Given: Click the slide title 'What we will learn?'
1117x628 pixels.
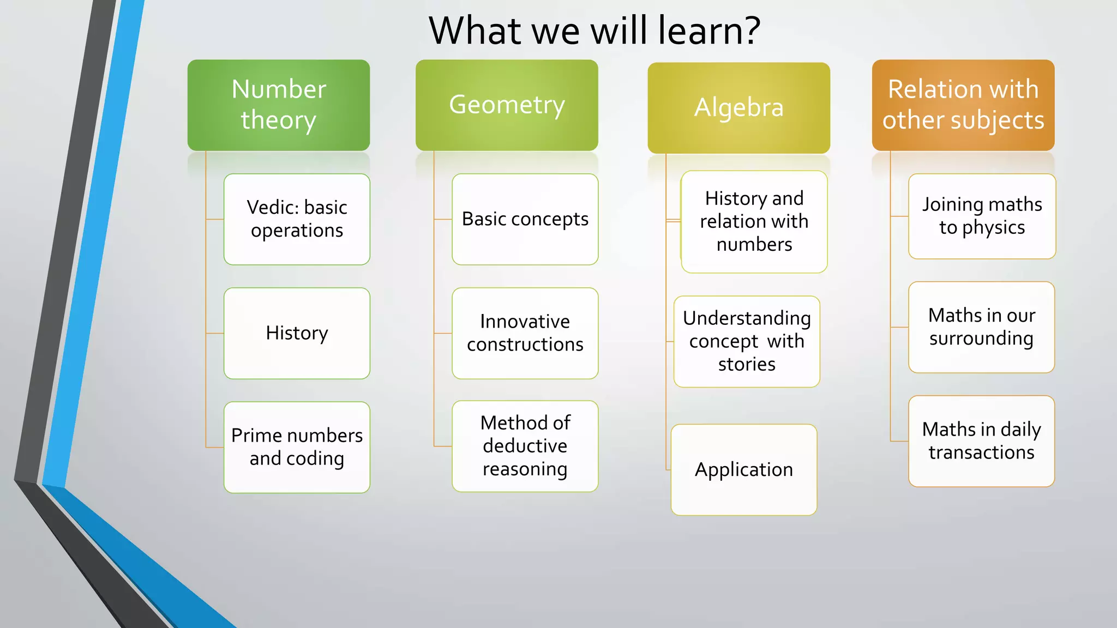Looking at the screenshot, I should click(x=594, y=31).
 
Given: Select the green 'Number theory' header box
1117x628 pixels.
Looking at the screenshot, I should click(x=279, y=105).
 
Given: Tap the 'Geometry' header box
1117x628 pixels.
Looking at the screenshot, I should click(x=507, y=105).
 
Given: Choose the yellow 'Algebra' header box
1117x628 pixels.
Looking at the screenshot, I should click(x=738, y=107).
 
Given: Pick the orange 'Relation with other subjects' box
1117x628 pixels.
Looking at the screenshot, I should click(x=963, y=105).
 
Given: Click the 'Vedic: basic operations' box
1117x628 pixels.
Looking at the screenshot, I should click(x=297, y=219).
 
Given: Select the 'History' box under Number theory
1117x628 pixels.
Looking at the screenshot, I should click(x=297, y=333).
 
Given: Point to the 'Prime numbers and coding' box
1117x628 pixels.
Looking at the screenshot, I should click(x=297, y=447).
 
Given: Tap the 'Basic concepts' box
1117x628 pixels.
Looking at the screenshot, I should click(x=525, y=219).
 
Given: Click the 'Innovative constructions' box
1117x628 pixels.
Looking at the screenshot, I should click(x=525, y=333).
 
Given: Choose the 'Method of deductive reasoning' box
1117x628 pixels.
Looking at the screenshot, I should click(x=525, y=446).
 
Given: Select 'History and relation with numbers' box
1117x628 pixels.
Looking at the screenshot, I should click(x=754, y=221).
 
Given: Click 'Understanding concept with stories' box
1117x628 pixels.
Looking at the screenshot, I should click(x=747, y=341).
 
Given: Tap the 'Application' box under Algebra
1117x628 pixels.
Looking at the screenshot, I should click(x=744, y=469).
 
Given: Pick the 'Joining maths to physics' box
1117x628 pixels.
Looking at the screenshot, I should click(x=982, y=216).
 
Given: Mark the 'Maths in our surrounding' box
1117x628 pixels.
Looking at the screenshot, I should click(x=981, y=327).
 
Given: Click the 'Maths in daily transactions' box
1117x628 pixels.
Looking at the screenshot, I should click(x=981, y=441).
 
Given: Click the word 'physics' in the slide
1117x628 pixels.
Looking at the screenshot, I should click(x=993, y=228).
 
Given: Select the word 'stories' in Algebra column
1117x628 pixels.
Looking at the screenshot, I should click(x=747, y=364).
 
